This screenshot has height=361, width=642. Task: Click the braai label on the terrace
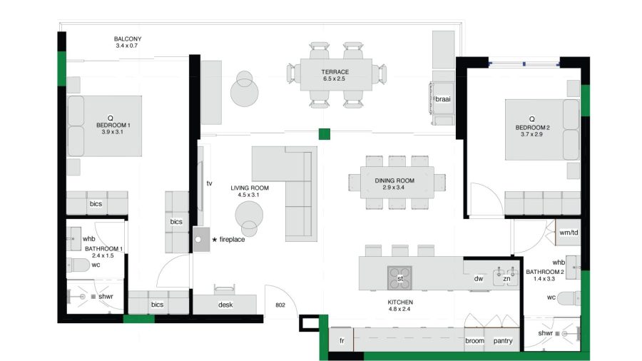442,99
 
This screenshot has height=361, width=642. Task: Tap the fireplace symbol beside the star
201,240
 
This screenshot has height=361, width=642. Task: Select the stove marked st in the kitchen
399,278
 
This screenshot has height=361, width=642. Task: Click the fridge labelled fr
342,340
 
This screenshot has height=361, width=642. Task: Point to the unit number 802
280,305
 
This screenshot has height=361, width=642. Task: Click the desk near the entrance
225,305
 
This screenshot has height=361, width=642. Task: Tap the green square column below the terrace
325,134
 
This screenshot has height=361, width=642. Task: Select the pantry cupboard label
503,341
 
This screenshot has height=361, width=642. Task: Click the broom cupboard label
474,340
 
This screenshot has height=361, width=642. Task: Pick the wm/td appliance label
569,233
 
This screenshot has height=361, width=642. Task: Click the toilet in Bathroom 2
569,298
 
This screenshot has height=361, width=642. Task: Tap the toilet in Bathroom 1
78,265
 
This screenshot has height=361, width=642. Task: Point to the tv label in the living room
209,183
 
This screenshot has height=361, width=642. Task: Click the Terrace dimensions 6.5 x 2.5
334,78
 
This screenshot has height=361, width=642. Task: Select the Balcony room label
128,39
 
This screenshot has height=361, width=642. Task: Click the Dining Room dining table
397,182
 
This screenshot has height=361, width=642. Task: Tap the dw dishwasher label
479,279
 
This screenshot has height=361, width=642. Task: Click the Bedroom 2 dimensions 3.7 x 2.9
531,134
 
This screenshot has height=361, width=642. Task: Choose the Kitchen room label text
400,302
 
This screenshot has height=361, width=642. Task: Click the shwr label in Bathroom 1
106,296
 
